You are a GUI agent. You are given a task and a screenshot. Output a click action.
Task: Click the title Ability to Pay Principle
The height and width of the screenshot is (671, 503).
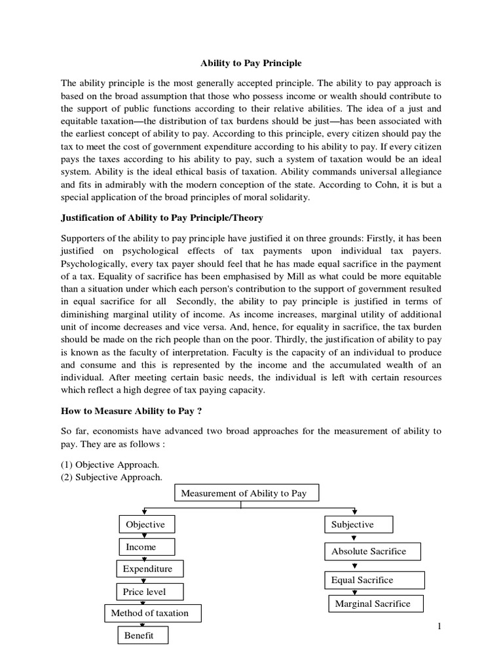tap(251, 64)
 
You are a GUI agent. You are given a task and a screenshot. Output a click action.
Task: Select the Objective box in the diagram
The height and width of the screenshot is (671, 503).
tap(145, 525)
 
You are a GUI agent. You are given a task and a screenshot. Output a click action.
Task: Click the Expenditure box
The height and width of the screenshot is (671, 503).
tap(149, 569)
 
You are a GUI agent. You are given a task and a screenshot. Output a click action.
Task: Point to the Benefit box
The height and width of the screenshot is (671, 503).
tap(143, 636)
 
